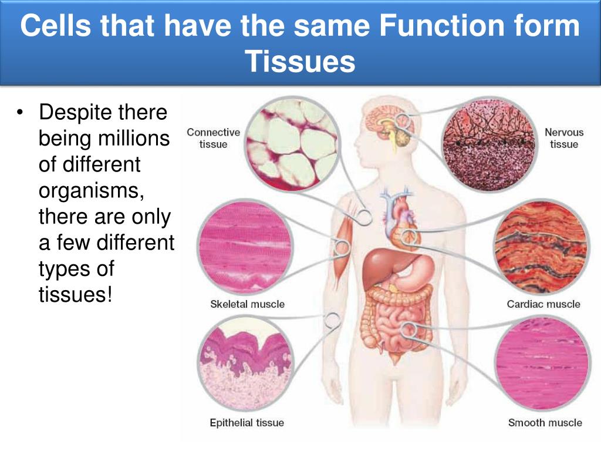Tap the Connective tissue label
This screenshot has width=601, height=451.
[x=213, y=138]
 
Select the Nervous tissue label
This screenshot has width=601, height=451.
[x=563, y=138]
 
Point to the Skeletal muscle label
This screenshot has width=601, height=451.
[x=247, y=304]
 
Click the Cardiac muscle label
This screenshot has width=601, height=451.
[x=543, y=304]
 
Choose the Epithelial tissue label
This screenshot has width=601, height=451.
[x=247, y=422]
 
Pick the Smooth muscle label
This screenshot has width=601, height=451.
[x=545, y=422]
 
